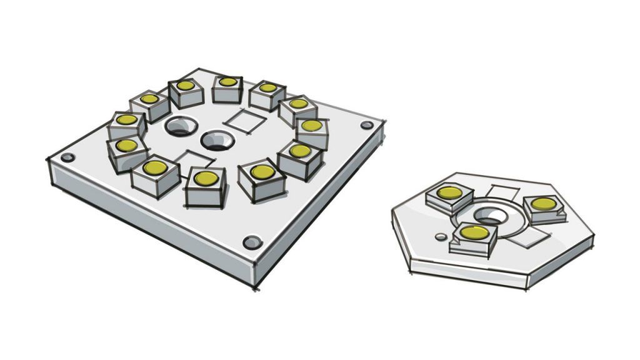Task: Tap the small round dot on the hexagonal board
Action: [x=441, y=237]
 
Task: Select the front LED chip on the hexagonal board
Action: [x=474, y=237]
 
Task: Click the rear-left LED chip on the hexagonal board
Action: [x=449, y=196]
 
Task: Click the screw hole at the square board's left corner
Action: [x=67, y=157]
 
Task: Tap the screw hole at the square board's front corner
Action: [x=251, y=242]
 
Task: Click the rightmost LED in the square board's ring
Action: [x=311, y=129]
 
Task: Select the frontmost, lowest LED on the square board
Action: [x=206, y=186]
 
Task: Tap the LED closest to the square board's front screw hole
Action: [x=261, y=179]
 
